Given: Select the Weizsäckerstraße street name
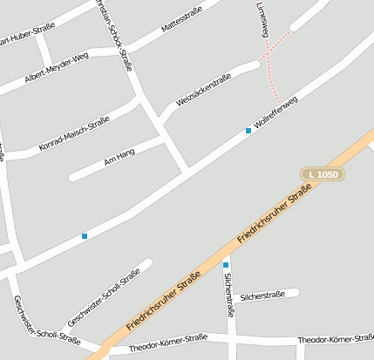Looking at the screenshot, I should [x=204, y=90].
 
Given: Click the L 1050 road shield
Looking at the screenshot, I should [x=323, y=174].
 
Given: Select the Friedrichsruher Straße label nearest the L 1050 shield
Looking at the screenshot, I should [x=275, y=213].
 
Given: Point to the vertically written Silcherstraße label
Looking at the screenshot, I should [x=228, y=294].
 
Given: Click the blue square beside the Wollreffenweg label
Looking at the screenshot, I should [x=248, y=131].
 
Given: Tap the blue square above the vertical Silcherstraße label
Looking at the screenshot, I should [x=226, y=265].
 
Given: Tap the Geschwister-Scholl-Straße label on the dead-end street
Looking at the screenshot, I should [x=104, y=297].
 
